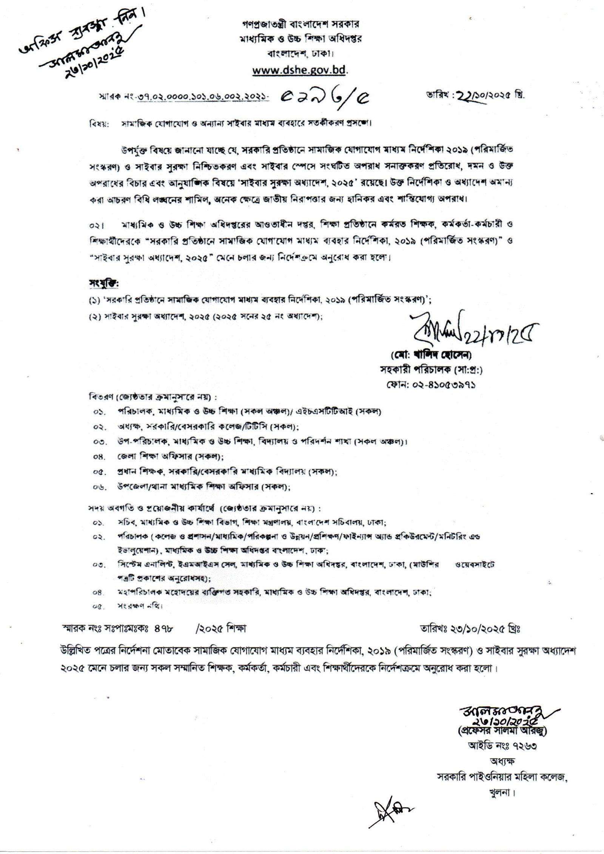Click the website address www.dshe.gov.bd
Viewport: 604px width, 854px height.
[300, 70]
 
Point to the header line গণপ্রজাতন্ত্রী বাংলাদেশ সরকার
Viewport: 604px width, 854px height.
[296, 24]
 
